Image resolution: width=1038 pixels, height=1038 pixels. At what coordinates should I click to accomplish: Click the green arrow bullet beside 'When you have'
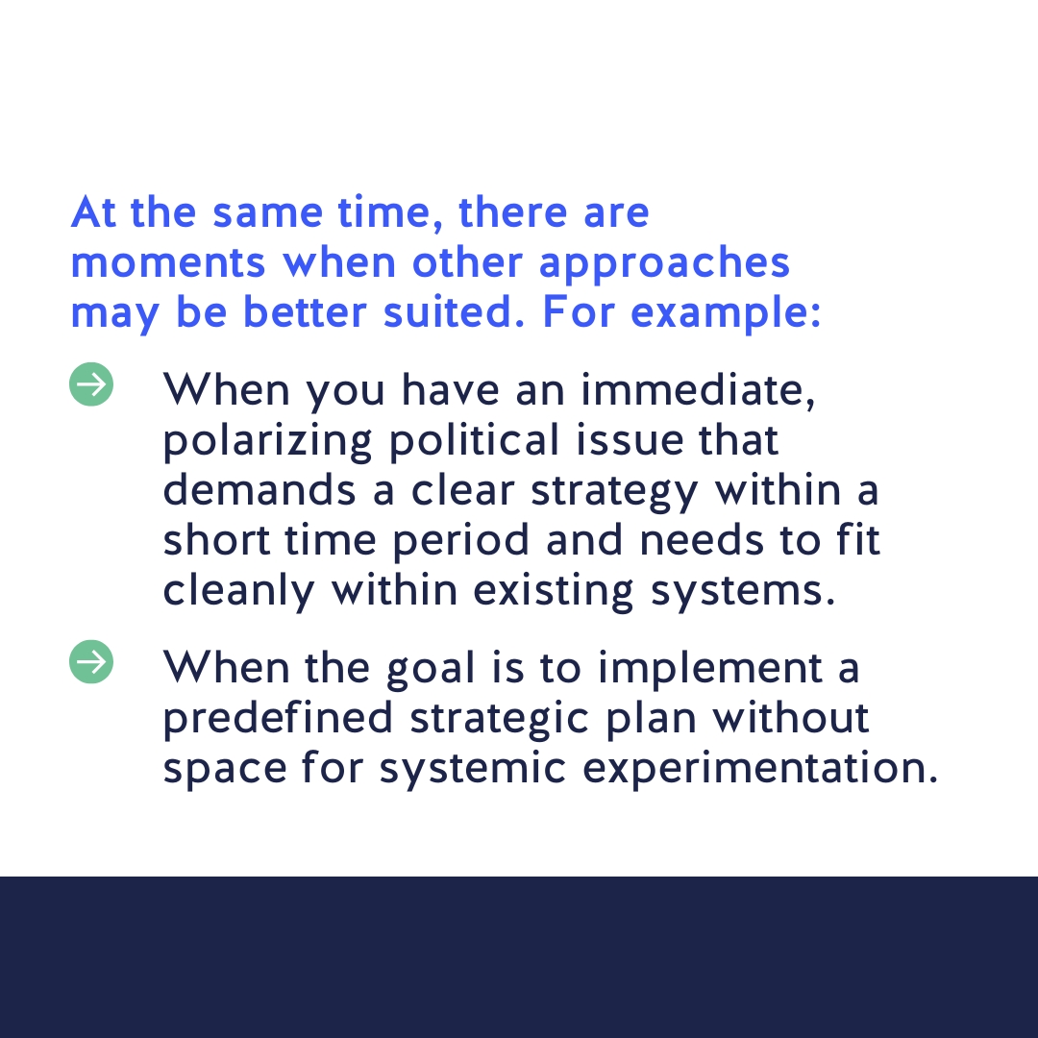(91, 384)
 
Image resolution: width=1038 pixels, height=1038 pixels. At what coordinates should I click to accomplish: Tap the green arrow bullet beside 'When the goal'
(91, 663)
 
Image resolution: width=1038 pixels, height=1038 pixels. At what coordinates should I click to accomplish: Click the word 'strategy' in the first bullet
(614, 492)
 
